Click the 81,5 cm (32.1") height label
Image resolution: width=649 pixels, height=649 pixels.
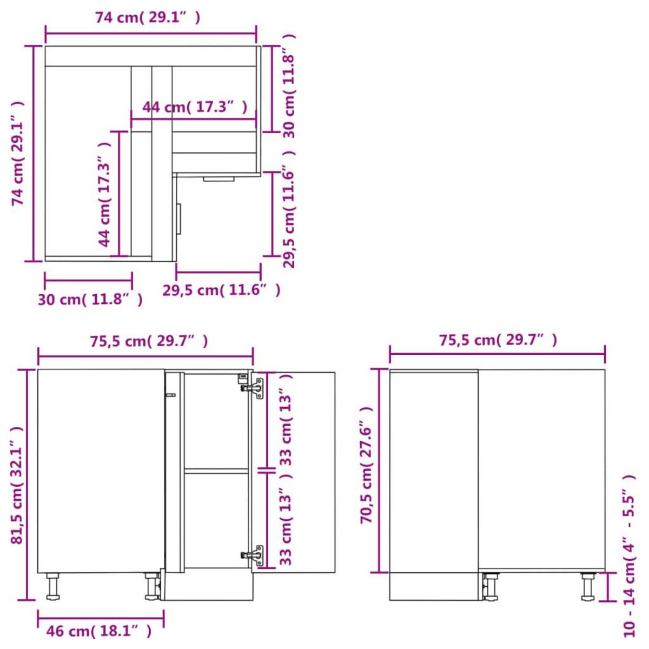coord(17,485)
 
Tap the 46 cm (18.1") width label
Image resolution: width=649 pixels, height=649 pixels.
coord(99,631)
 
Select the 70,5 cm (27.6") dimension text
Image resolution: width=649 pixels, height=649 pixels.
coord(367,465)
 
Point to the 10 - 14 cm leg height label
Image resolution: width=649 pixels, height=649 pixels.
coord(628,556)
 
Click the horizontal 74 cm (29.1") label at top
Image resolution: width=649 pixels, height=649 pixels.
coord(148,18)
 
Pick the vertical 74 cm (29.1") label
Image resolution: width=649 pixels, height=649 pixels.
coord(18,154)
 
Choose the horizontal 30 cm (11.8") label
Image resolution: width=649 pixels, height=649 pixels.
coord(90,299)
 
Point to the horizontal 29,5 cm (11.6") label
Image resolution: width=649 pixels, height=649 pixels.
coord(222,290)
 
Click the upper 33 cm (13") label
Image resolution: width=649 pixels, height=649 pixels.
coord(287,420)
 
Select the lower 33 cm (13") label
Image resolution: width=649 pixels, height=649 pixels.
coord(287,519)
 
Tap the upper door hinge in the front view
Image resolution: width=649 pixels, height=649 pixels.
coord(253,387)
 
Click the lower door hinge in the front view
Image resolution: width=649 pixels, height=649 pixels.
coord(253,555)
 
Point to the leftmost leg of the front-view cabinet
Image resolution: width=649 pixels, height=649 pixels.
coord(52,587)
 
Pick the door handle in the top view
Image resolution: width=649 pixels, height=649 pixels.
coord(179,219)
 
